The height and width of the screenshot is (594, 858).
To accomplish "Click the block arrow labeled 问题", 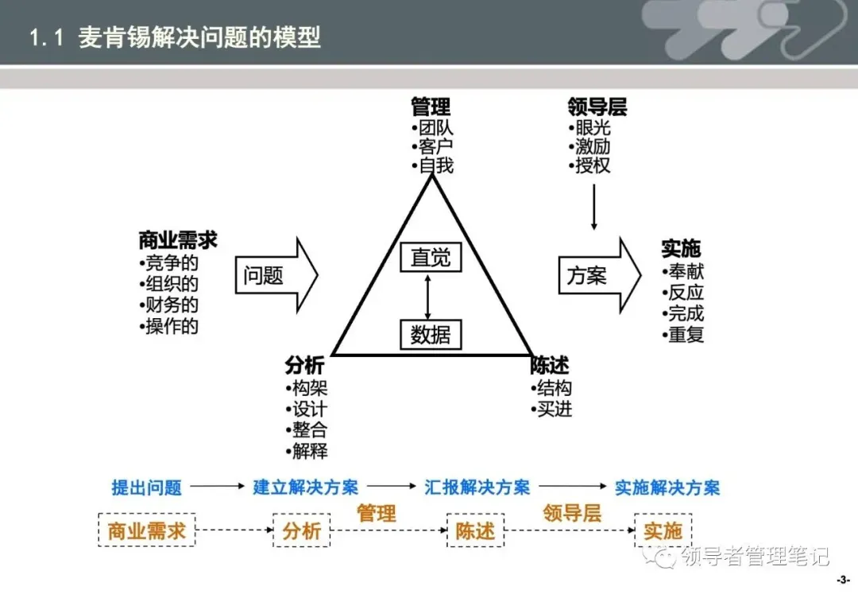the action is (x=274, y=275).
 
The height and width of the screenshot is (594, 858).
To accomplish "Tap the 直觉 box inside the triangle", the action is (x=431, y=257).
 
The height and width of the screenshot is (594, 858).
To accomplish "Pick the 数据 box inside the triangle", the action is (x=431, y=335).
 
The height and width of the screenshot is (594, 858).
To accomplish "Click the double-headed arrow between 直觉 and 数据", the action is (x=429, y=296).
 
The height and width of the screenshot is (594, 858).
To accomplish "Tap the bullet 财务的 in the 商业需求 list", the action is (x=172, y=305).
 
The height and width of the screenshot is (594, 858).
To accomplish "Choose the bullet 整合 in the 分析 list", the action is (x=309, y=431).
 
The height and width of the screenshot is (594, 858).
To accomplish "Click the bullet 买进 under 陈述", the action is (x=554, y=410).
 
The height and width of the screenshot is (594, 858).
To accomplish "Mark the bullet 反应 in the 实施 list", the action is (x=685, y=293).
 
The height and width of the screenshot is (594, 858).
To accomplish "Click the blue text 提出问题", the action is (x=147, y=487).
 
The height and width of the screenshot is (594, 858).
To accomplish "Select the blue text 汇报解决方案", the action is (x=477, y=487).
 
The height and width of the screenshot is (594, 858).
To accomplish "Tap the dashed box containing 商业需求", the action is (x=146, y=530).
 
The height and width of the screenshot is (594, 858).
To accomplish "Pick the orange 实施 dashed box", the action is (x=663, y=530).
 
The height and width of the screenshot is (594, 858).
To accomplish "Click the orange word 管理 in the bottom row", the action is (x=377, y=513).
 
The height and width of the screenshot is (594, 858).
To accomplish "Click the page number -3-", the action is (x=844, y=580).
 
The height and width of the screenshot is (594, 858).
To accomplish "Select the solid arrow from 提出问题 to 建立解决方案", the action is (x=217, y=486).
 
